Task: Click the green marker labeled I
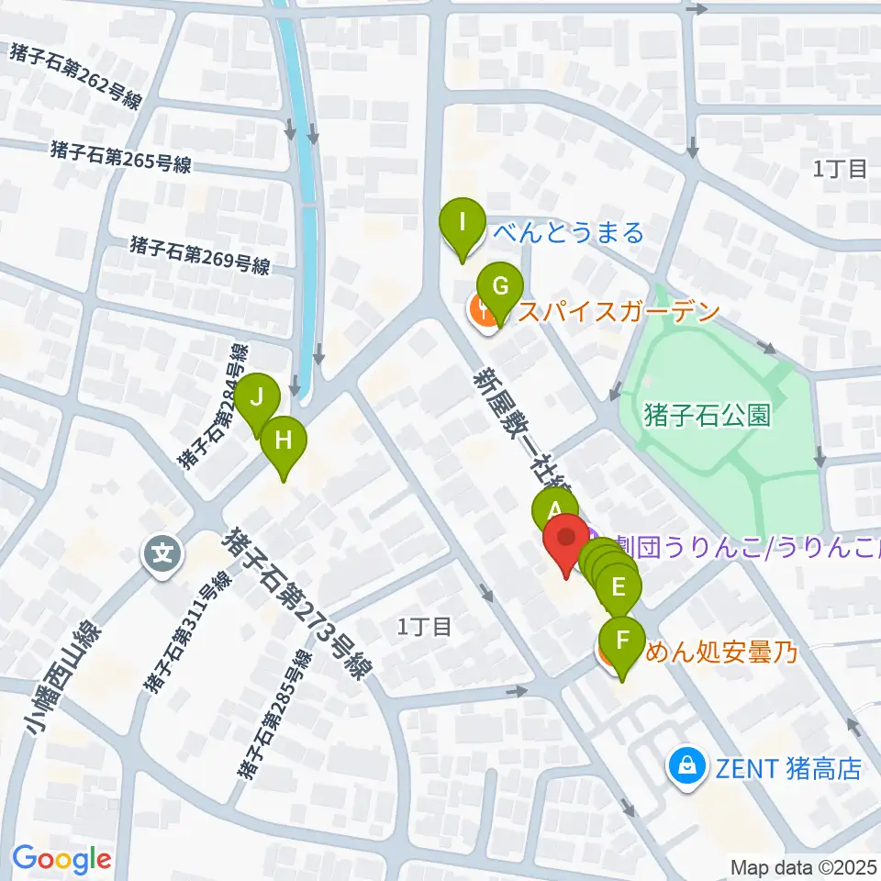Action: pyautogui.click(x=462, y=223)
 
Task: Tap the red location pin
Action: pyautogui.click(x=566, y=540)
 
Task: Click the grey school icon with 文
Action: pyautogui.click(x=162, y=554)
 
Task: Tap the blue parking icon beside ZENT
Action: pyautogui.click(x=686, y=764)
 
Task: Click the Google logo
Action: pyautogui.click(x=62, y=859)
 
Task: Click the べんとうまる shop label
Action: pyautogui.click(x=569, y=233)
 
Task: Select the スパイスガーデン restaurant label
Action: pyautogui.click(x=616, y=312)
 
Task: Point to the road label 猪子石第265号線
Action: pyautogui.click(x=121, y=156)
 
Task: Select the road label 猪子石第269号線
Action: pyautogui.click(x=200, y=255)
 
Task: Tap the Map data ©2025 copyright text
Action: pyautogui.click(x=805, y=866)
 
